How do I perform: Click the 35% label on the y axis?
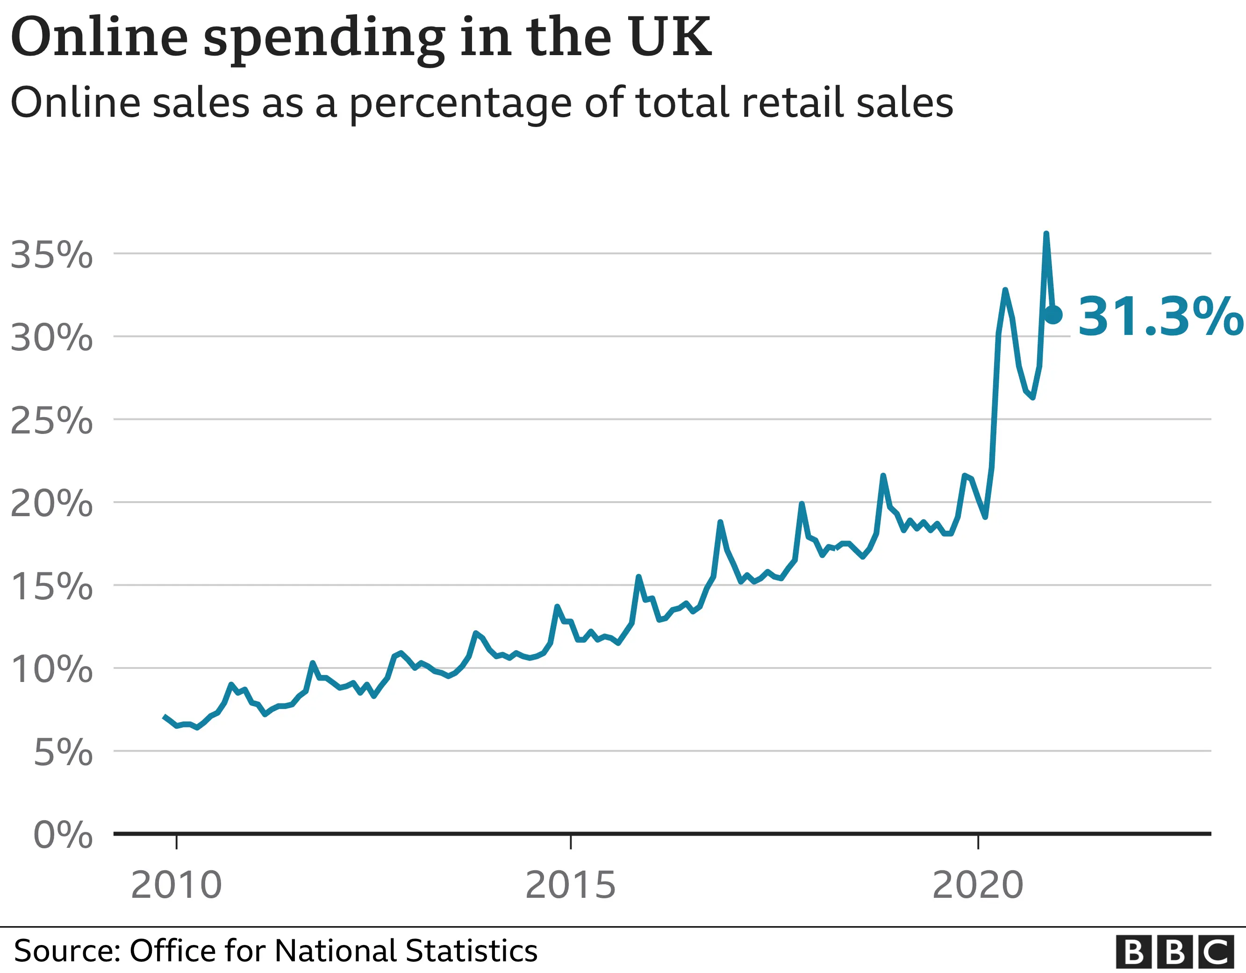(51, 255)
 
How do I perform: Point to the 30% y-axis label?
(51, 338)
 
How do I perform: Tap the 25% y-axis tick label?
(51, 421)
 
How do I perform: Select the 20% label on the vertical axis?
(51, 504)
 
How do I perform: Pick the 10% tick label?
(51, 669)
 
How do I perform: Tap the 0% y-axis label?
(63, 835)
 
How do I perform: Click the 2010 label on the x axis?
(176, 885)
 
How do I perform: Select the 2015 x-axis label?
(571, 885)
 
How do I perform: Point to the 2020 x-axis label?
(978, 885)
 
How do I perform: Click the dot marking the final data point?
(1053, 314)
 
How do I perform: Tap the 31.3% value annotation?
(1159, 317)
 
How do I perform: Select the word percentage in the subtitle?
(460, 104)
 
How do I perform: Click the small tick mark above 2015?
(571, 842)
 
